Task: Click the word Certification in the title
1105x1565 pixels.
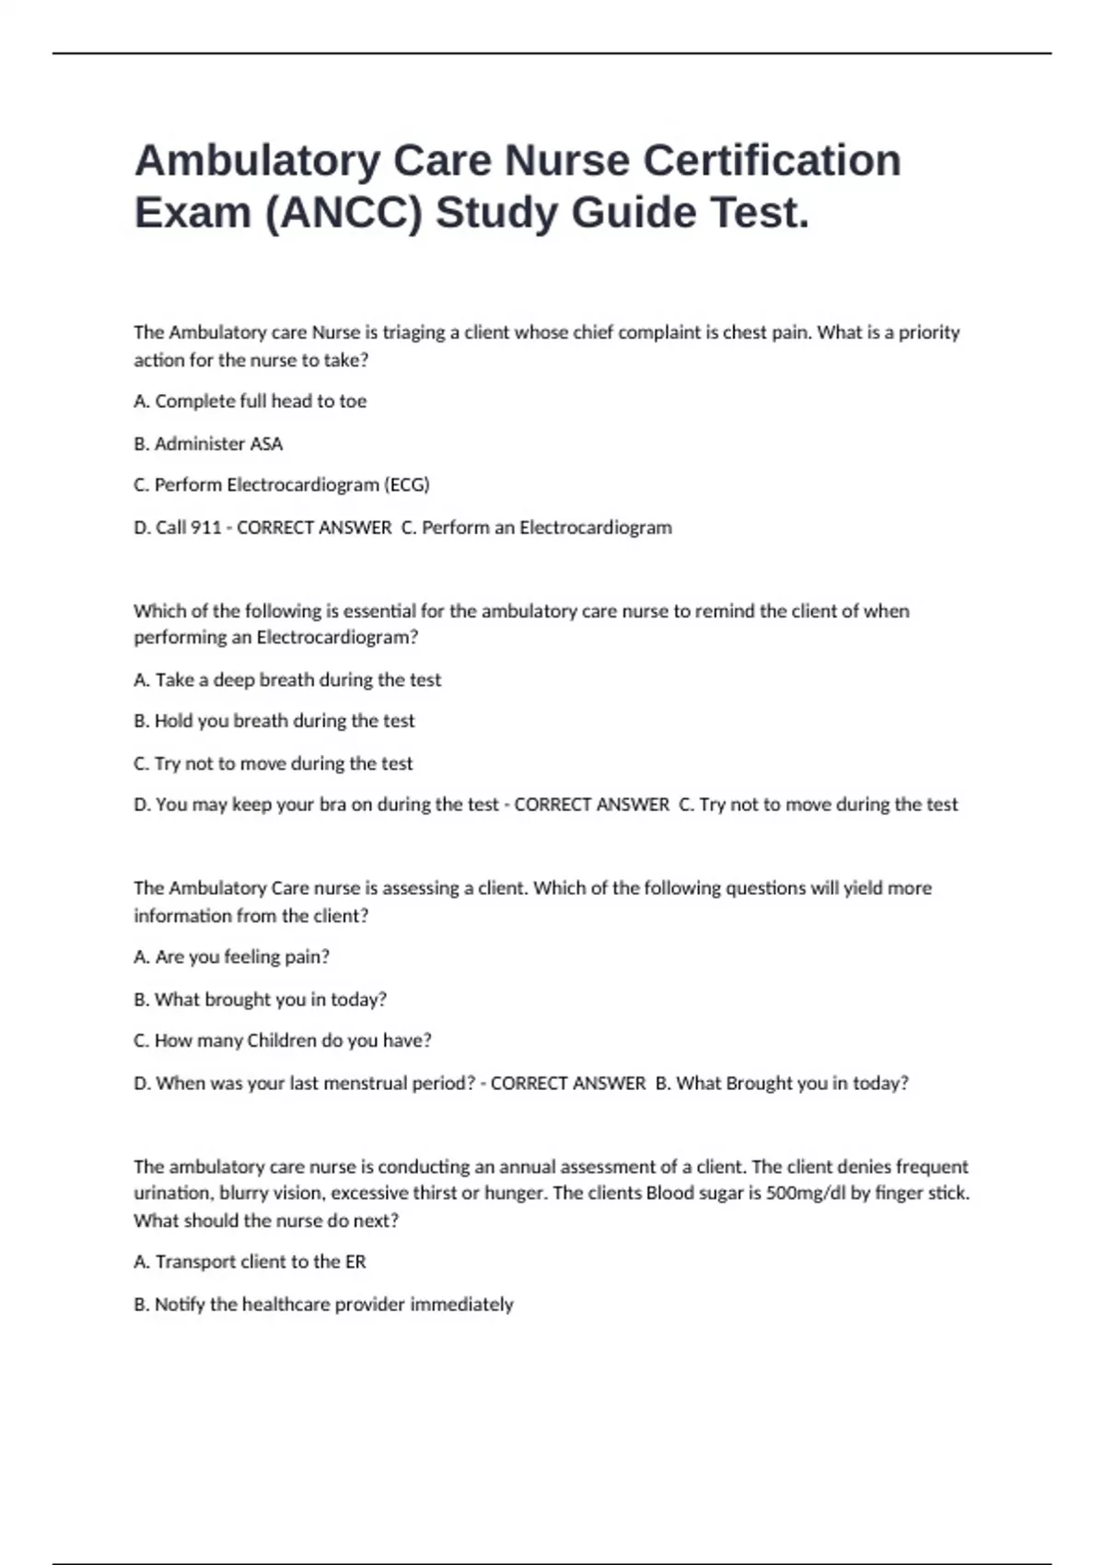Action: click(x=772, y=160)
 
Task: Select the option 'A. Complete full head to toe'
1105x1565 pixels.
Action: click(x=250, y=401)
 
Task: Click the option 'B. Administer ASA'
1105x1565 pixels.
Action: click(x=208, y=444)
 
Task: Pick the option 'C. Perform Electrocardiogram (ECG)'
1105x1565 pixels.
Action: click(x=282, y=485)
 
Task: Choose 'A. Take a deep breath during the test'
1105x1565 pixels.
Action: click(x=287, y=679)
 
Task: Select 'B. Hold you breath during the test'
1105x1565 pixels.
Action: click(x=274, y=721)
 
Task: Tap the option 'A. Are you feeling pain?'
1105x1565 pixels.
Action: click(x=231, y=957)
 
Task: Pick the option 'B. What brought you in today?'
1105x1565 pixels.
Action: click(x=260, y=999)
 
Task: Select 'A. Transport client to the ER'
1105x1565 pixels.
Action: click(x=250, y=1262)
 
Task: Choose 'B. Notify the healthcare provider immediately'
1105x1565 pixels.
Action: click(x=323, y=1304)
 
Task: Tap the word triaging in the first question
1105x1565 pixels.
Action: click(x=413, y=332)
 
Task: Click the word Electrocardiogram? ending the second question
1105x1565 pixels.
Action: click(x=337, y=637)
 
